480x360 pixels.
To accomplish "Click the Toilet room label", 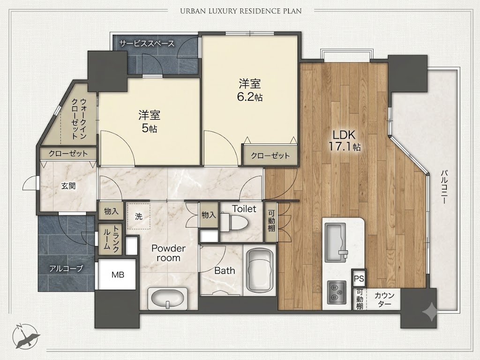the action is point(244,209).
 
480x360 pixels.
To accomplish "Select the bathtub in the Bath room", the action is point(260,270).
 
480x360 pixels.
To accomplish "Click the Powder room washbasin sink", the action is point(167,299).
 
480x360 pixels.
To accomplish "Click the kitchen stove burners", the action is point(337,292).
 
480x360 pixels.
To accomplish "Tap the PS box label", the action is point(359,278).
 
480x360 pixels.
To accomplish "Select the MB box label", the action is point(118,275).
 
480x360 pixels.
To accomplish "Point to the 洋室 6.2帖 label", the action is point(250,90).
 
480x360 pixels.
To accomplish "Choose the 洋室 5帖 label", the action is point(149,121).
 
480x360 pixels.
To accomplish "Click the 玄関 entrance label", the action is point(68,186).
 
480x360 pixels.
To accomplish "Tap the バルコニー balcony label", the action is point(444,187).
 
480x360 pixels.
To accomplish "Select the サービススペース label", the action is point(147,44).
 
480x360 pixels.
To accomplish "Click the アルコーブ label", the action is point(66,269).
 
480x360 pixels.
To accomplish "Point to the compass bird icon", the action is point(25,337).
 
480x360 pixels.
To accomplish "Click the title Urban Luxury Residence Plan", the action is point(241,11).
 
